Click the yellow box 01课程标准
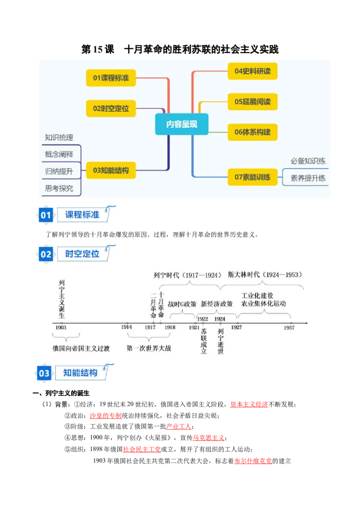point(111,78)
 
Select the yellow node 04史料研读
point(252,71)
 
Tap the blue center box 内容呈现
point(182,124)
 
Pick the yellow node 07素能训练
point(252,177)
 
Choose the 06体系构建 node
point(252,132)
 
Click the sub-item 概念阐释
point(59,154)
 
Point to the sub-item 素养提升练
point(308,178)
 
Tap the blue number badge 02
point(46,254)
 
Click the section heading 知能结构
point(80,373)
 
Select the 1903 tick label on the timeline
point(61,327)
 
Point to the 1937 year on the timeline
point(289,327)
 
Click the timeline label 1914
point(126,327)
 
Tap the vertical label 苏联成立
point(204,341)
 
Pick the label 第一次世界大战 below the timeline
point(149,348)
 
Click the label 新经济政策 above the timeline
point(217,304)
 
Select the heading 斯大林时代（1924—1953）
point(265,275)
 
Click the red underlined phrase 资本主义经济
point(249,405)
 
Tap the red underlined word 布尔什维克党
point(253,461)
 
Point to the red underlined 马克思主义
point(209,438)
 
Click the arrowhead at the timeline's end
point(306,323)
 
